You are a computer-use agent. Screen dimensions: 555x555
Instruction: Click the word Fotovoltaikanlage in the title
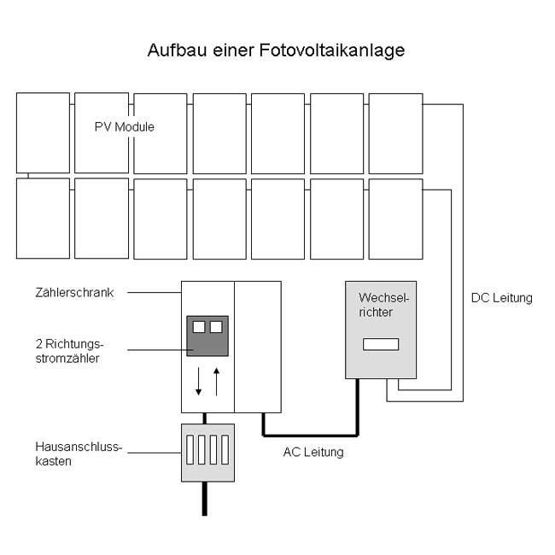pos(332,50)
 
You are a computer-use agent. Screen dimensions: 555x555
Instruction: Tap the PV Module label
pos(125,126)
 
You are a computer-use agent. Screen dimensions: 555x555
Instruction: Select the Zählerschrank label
pos(74,292)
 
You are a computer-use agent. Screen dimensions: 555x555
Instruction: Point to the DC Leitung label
pos(501,298)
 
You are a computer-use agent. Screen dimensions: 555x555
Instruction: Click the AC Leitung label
pos(313,452)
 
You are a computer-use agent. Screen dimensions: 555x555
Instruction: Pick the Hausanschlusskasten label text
pos(79,453)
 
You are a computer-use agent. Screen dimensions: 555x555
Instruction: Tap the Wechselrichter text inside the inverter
pos(383,305)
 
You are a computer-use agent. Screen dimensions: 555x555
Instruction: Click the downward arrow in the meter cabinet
pos(199,381)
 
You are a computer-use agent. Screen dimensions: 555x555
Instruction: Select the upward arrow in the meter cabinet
pos(217,382)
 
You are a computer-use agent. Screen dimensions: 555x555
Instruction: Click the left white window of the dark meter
pos(199,327)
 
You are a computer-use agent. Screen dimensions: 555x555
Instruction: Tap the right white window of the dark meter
pos(216,327)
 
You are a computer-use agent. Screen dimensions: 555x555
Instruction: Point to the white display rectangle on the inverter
pos(381,344)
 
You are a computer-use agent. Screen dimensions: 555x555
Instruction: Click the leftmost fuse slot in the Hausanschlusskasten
pos(190,449)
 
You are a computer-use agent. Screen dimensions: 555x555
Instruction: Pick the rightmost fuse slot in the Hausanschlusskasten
pos(225,449)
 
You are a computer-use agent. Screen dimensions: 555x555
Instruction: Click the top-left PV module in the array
pos(43,132)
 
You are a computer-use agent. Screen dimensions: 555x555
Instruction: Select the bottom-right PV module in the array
pos(395,219)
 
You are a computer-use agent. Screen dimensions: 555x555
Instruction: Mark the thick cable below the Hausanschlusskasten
pos(205,499)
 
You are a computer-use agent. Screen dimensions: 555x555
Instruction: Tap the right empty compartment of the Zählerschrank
pos(258,347)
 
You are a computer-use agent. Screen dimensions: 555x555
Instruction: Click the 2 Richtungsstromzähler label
pos(69,351)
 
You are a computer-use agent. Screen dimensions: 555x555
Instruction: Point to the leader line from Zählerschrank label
pos(155,292)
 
